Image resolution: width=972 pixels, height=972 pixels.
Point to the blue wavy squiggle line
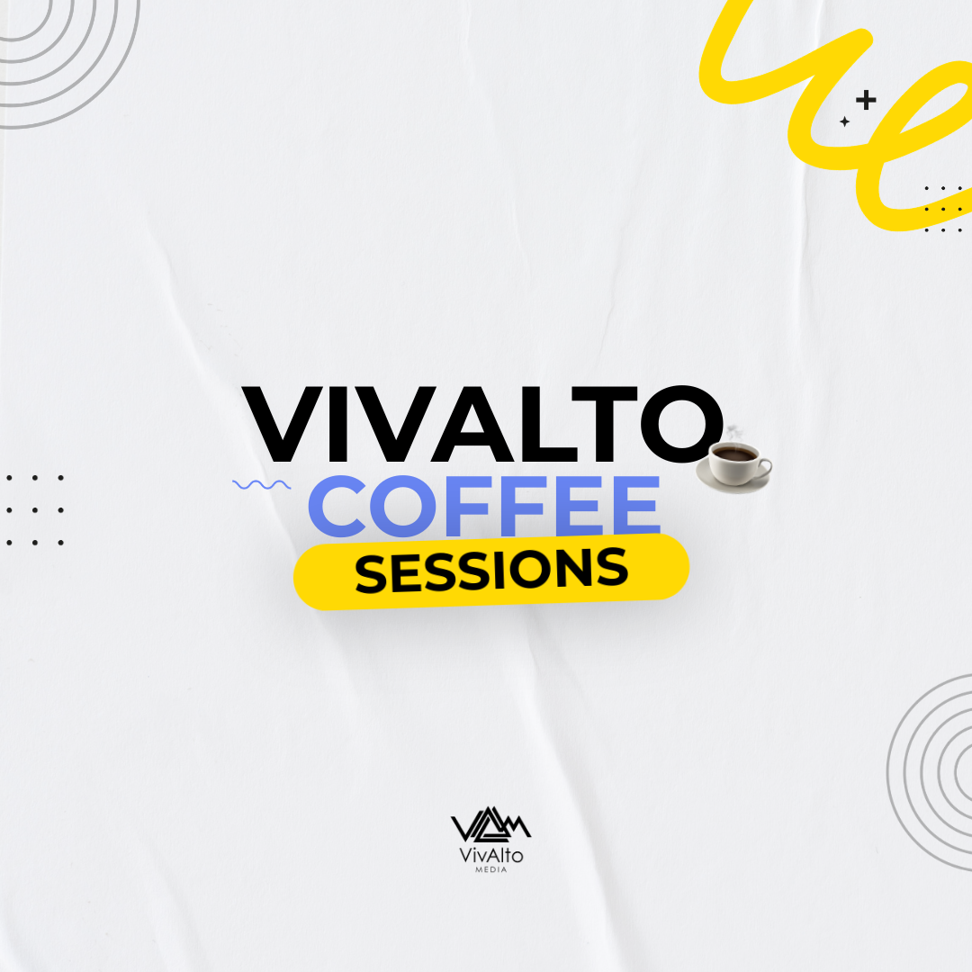261,484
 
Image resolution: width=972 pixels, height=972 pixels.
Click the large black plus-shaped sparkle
866,100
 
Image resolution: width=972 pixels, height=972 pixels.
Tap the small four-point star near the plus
844,121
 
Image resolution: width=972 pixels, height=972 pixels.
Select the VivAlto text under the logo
490,856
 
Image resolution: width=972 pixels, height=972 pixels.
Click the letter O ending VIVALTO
670,425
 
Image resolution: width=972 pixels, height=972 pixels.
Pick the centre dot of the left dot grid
35,510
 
